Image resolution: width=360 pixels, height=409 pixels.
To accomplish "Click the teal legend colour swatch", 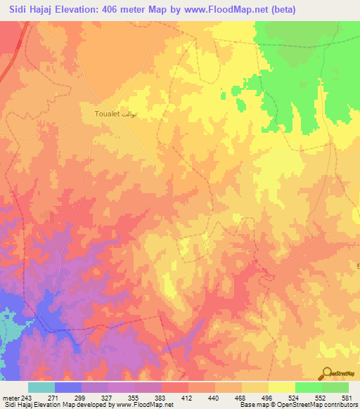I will (41, 387).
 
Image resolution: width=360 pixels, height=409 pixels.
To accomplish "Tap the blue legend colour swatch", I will (67, 387).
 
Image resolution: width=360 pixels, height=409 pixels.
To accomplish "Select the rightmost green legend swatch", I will (335, 387).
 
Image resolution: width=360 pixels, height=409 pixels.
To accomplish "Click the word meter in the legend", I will (9, 397).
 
